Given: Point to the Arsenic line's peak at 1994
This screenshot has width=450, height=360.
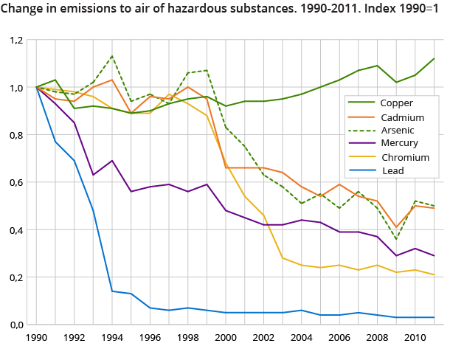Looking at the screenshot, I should pyautogui.click(x=112, y=56).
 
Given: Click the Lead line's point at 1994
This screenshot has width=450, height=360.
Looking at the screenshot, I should pyautogui.click(x=112, y=291).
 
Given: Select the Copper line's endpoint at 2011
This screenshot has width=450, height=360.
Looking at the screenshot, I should pyautogui.click(x=435, y=58).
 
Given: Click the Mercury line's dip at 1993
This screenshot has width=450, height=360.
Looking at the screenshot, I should pyautogui.click(x=93, y=175).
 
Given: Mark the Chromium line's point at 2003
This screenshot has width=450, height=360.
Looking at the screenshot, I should pyautogui.click(x=284, y=258).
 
